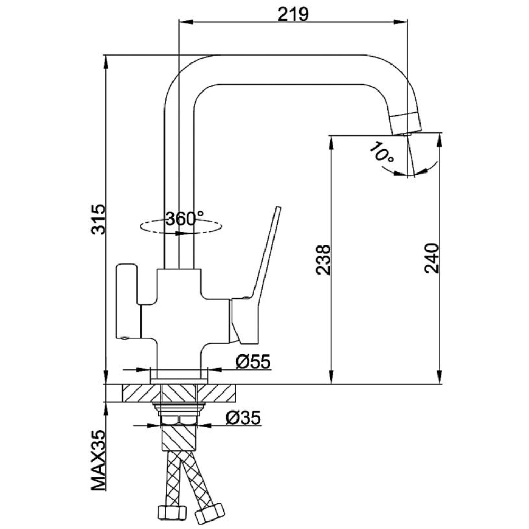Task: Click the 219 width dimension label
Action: pyautogui.click(x=293, y=14)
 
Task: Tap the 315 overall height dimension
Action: pyautogui.click(x=98, y=220)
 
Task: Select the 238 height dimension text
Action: pyautogui.click(x=323, y=260)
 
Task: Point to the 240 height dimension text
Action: pyautogui.click(x=432, y=258)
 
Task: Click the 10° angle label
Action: pyautogui.click(x=381, y=153)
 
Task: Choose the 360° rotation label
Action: pyautogui.click(x=185, y=219)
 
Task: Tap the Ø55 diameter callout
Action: pyautogui.click(x=253, y=362)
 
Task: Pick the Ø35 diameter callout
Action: pyautogui.click(x=243, y=417)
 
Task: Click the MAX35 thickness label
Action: pyautogui.click(x=98, y=461)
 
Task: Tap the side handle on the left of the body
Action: pyautogui.click(x=127, y=301)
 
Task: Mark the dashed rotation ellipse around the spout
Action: pyautogui.click(x=181, y=226)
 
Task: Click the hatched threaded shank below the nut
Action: pyautogui.click(x=179, y=437)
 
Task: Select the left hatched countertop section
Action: pyautogui.click(x=141, y=393)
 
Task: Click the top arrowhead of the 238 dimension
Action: pyautogui.click(x=331, y=143)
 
